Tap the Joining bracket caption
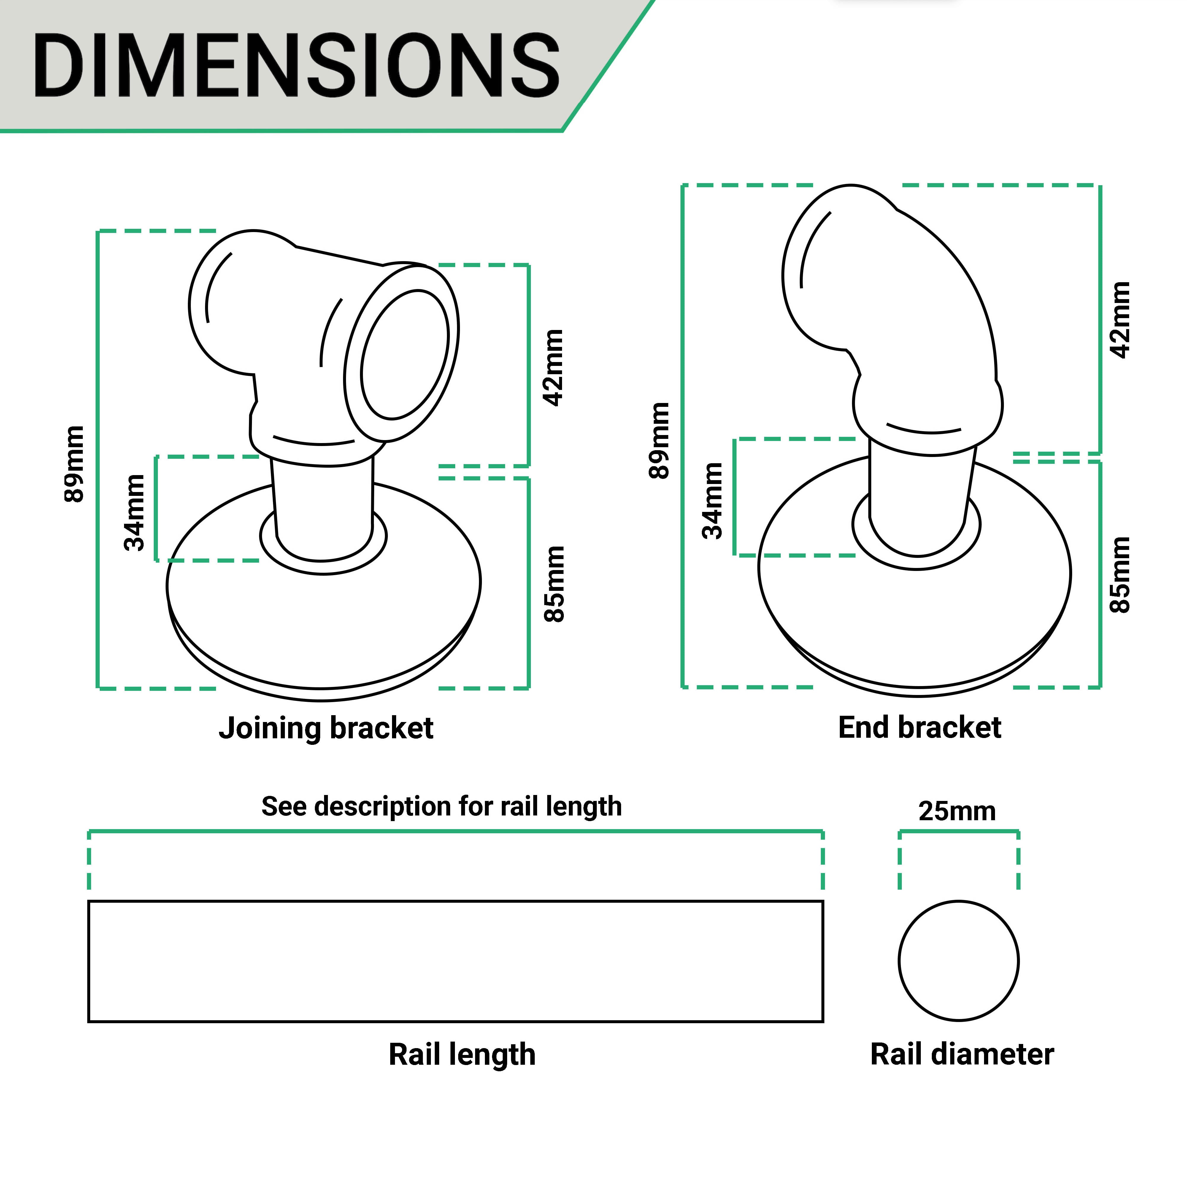[x=326, y=728]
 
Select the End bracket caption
[x=920, y=727]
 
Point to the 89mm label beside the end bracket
[x=659, y=440]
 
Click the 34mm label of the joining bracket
[x=134, y=512]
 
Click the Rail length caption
[x=462, y=1054]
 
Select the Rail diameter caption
[x=962, y=1054]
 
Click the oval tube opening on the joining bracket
[x=405, y=355]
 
